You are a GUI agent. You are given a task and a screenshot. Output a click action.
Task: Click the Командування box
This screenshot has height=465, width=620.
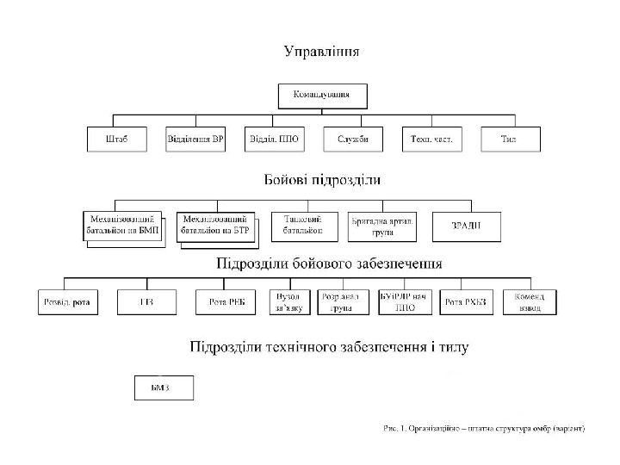click(x=322, y=95)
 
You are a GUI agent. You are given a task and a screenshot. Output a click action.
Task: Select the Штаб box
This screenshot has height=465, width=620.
click(x=117, y=139)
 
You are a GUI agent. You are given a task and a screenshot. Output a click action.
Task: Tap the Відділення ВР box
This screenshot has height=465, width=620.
click(x=195, y=139)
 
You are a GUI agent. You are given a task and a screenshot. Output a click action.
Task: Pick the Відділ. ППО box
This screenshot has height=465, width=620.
click(x=274, y=139)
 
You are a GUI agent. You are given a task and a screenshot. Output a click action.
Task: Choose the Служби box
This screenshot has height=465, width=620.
click(x=353, y=139)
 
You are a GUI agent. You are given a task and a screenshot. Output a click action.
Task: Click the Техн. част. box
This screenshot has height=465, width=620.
click(x=431, y=139)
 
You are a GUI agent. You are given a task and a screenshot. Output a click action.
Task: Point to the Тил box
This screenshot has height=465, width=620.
click(x=510, y=139)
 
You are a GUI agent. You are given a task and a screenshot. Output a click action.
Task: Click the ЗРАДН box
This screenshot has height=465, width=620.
click(x=465, y=226)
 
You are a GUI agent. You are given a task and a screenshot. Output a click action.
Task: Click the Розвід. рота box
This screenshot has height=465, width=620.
click(x=68, y=301)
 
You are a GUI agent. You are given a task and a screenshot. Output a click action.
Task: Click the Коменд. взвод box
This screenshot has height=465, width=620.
click(x=529, y=301)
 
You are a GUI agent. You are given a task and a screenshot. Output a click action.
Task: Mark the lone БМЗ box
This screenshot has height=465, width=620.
click(x=164, y=387)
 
